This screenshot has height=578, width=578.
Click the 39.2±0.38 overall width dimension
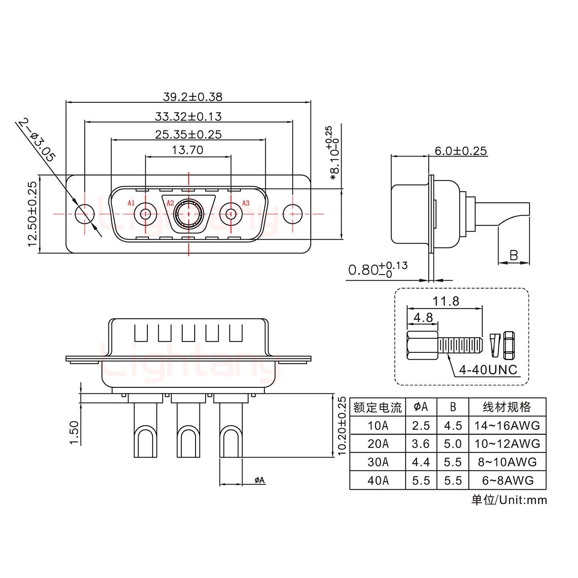[x=192, y=97]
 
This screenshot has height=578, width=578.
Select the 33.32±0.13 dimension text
[x=188, y=116]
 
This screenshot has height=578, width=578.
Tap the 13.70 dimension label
[x=187, y=150]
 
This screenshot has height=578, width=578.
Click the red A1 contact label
[x=131, y=203]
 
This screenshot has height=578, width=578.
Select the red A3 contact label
[x=246, y=203]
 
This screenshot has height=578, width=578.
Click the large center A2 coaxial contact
[x=188, y=214]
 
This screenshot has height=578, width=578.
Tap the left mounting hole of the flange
[x=85, y=214]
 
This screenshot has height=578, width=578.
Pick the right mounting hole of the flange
[x=293, y=214]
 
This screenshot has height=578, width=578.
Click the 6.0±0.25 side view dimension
[x=460, y=151]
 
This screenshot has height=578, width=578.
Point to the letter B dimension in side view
[x=513, y=255]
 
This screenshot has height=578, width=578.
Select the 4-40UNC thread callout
[x=488, y=369]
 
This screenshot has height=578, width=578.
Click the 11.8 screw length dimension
[x=446, y=301]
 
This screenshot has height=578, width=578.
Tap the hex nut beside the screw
[x=508, y=345]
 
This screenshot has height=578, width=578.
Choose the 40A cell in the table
[x=378, y=480]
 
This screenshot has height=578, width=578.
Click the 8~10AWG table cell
[x=507, y=462]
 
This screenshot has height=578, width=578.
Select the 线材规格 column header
[x=507, y=407]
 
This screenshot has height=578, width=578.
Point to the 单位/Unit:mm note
[x=509, y=500]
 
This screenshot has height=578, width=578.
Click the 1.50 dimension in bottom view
[x=74, y=432]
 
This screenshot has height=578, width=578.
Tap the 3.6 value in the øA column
[x=421, y=444]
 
